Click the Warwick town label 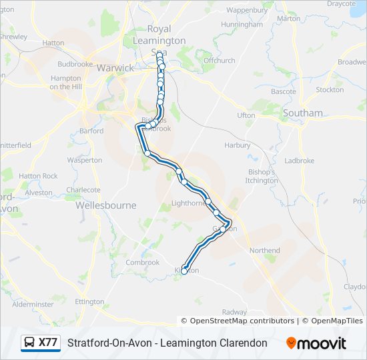(115, 68)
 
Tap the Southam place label (302, 113)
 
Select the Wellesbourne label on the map (105, 205)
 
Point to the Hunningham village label (242, 25)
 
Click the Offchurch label (220, 61)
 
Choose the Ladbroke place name (300, 161)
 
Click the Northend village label (265, 251)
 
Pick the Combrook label (142, 263)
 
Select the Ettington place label (91, 301)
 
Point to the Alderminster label (33, 304)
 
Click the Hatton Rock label (38, 176)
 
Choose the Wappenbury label (247, 10)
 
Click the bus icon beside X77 (29, 343)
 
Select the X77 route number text (48, 343)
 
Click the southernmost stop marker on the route (185, 271)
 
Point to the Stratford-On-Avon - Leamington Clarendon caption (167, 343)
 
